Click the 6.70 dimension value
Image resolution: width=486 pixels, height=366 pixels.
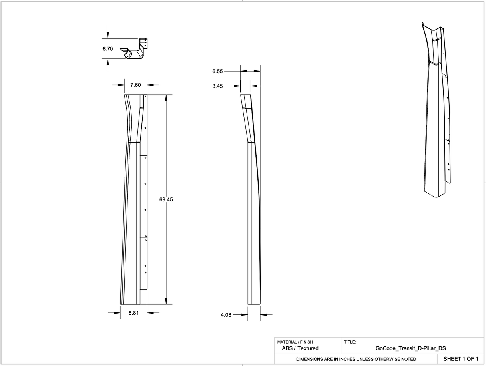pos(108,49)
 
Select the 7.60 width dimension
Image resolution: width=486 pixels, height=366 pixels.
pos(136,85)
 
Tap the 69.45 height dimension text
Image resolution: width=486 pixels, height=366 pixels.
pos(166,199)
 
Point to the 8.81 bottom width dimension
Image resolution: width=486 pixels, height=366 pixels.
pos(133,313)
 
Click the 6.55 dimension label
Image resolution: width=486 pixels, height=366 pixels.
pos(217,71)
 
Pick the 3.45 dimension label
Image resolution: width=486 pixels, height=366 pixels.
pos(217,86)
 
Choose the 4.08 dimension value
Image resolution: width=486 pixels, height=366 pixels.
pos(226,315)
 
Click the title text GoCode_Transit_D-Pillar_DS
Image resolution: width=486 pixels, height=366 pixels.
pos(410,348)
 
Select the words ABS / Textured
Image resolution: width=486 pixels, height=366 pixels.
pos(300,348)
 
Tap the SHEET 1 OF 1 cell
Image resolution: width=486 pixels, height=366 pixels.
pos(460,359)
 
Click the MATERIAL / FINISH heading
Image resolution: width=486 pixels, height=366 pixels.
pos(295,342)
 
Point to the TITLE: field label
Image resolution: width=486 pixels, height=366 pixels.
pos(350,342)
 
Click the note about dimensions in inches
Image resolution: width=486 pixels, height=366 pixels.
pos(356,359)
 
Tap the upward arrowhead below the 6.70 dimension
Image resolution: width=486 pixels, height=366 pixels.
pos(108,61)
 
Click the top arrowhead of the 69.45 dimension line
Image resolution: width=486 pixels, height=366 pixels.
pos(166,97)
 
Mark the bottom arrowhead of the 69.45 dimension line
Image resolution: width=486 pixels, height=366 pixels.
pos(166,302)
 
